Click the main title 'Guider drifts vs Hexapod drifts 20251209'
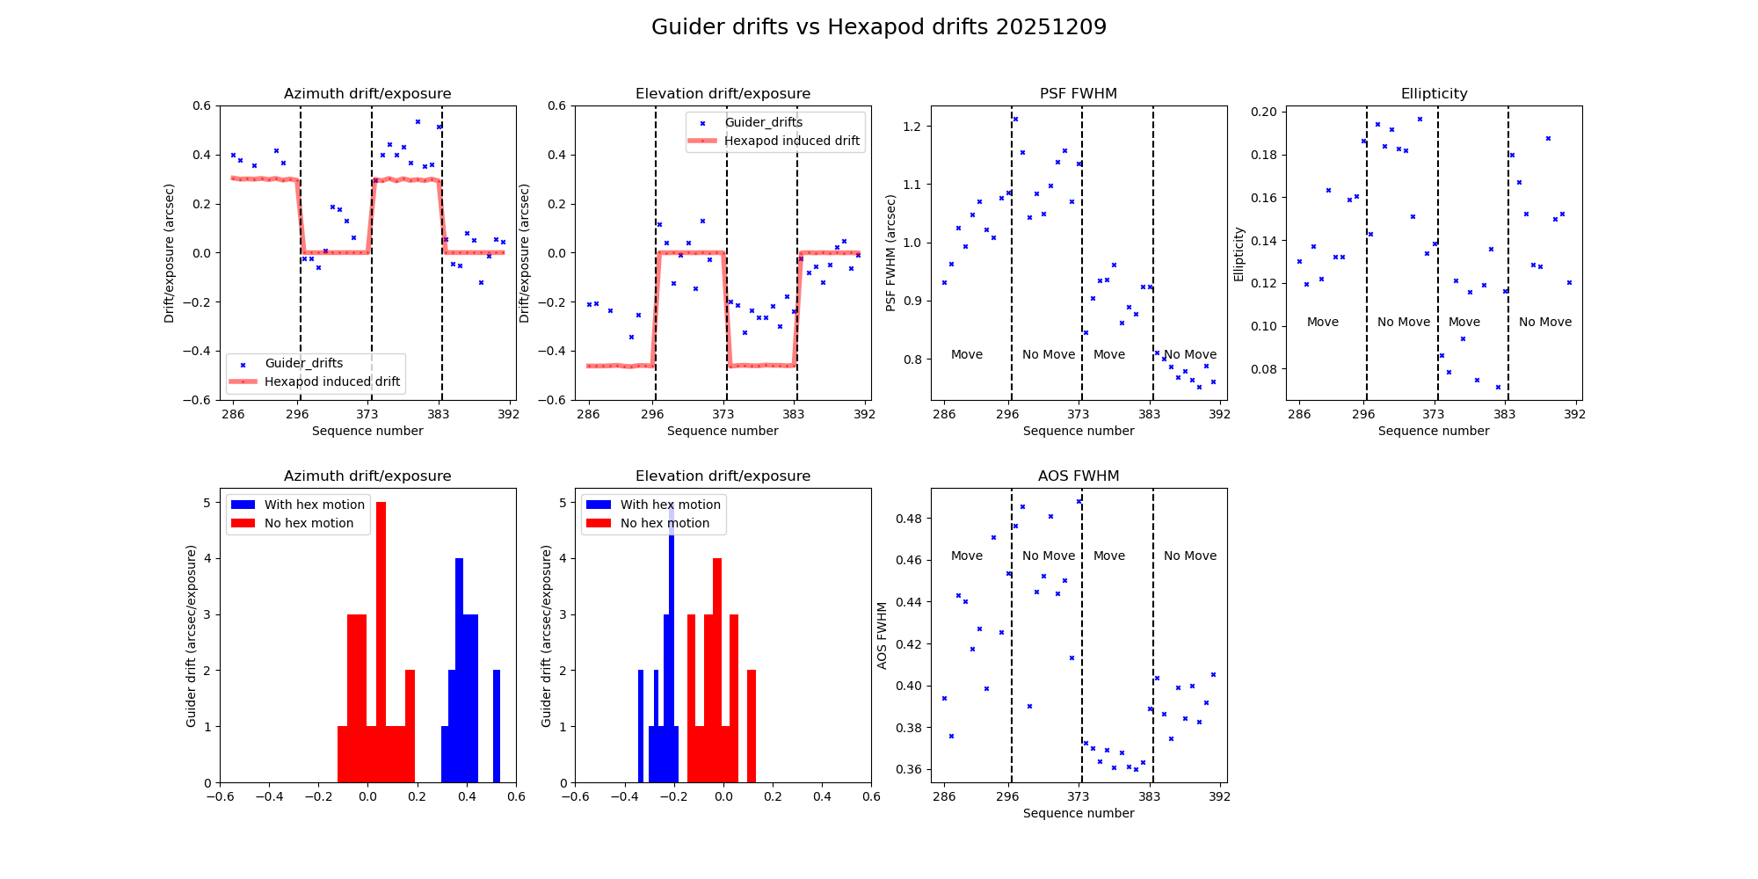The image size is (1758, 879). tap(878, 27)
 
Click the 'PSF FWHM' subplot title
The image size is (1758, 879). tap(1078, 94)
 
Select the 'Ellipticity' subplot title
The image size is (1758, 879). tap(1434, 94)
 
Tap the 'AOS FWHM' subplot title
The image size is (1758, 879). tap(1078, 476)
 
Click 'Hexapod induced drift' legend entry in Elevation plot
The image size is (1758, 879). tap(791, 141)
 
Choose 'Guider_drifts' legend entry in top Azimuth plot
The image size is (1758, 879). tap(303, 363)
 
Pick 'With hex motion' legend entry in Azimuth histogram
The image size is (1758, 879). tap(314, 505)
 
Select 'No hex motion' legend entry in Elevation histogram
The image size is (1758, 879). tap(665, 523)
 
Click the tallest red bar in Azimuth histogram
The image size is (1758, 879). tap(381, 642)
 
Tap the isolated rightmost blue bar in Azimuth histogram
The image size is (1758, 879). tap(497, 726)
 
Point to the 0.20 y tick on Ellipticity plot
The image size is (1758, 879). tap(1264, 112)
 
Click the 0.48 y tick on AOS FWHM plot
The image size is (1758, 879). tap(909, 519)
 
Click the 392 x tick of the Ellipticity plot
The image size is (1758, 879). tap(1574, 414)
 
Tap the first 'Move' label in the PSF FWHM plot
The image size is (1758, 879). tap(966, 354)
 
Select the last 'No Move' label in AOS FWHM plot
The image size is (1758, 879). tap(1189, 556)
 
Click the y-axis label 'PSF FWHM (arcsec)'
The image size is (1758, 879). tap(890, 253)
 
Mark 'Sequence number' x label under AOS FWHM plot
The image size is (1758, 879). tap(1078, 813)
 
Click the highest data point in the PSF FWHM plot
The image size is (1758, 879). tap(1015, 119)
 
